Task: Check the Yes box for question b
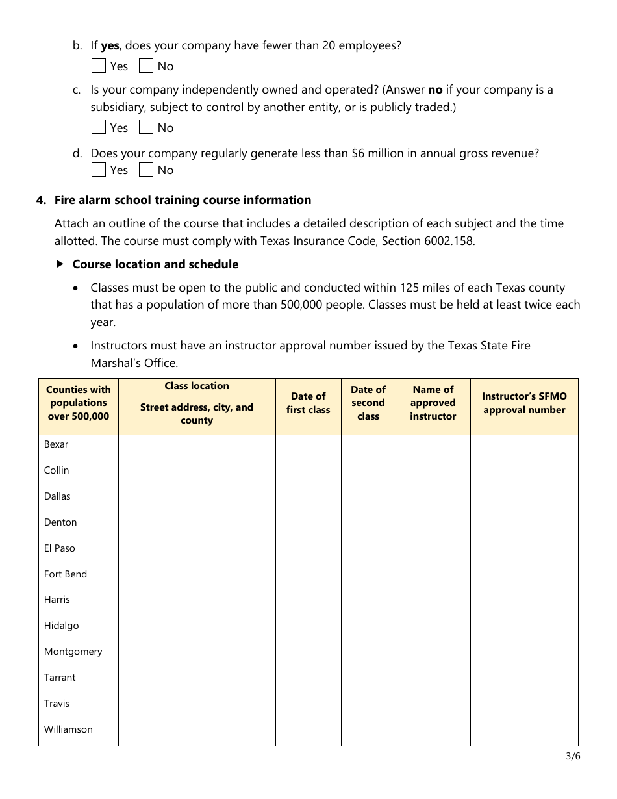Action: pos(99,66)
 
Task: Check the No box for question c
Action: pos(146,127)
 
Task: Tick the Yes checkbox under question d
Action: pos(99,170)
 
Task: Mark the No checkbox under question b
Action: pos(146,66)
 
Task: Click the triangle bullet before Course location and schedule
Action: pos(60,264)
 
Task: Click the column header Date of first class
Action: pos(308,403)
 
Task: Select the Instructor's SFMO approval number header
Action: pos(524,403)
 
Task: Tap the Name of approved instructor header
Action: pos(433,403)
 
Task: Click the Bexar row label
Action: pos(57,445)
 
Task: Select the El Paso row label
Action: pos(60,548)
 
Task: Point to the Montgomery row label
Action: pos(73,652)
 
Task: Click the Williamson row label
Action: pos(68,729)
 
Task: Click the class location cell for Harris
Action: pos(197,603)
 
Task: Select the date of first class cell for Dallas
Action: pos(308,500)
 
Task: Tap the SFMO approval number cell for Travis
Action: pos(524,707)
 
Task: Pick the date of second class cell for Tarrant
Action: pos(368,681)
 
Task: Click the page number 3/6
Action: pos(573,756)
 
